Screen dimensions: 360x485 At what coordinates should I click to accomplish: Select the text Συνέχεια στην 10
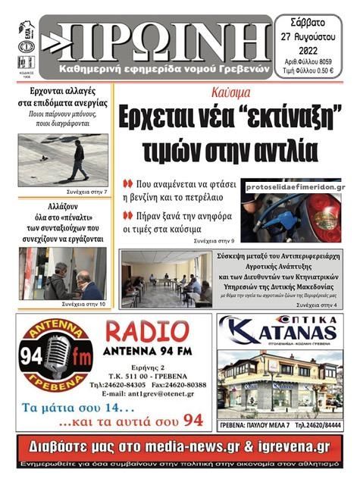[86, 303]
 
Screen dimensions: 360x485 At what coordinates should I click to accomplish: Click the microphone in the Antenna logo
[55, 354]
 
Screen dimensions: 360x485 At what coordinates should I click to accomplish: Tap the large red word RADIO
[147, 330]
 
